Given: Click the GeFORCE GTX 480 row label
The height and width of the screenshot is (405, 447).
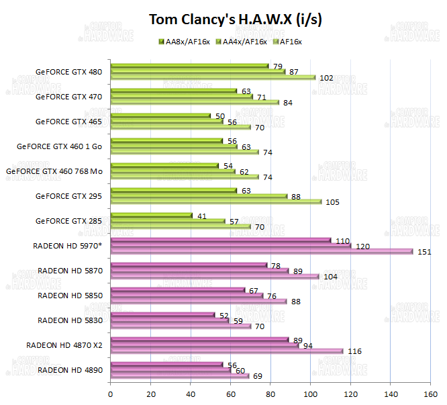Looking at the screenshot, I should pos(70,72).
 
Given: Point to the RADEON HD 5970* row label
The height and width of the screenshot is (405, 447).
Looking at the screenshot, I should pos(67,245).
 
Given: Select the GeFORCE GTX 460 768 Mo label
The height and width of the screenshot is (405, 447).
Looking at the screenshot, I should pos(54,171).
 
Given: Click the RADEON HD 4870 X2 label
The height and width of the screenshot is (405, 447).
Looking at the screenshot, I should pos(64,345).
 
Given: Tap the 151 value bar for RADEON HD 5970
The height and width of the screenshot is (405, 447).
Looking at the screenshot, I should pos(261,252).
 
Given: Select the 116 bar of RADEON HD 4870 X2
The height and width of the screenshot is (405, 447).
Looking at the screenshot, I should pos(226,351).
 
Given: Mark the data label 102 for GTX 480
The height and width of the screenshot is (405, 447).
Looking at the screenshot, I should pos(327,78).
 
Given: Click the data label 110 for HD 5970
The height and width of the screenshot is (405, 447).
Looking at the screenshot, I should pos(342,240).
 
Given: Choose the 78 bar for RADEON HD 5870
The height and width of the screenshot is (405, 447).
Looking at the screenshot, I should pos(188,265).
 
